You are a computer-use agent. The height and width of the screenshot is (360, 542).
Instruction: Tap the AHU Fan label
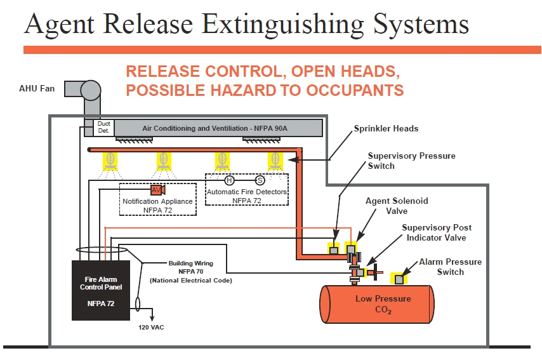[36, 88]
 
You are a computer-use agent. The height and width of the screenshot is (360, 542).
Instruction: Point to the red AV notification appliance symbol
[157, 190]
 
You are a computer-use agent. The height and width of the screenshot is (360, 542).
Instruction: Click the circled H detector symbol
[230, 180]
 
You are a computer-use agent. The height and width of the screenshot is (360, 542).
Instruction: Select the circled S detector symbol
[260, 180]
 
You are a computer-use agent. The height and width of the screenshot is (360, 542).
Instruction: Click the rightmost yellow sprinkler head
[275, 161]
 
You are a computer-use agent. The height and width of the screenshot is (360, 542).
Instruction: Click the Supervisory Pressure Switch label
[411, 161]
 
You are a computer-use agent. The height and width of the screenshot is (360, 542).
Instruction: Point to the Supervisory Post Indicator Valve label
[437, 232]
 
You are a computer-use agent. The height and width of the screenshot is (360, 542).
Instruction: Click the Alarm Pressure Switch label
[450, 267]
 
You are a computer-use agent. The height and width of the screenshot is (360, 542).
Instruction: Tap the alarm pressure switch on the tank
[399, 278]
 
